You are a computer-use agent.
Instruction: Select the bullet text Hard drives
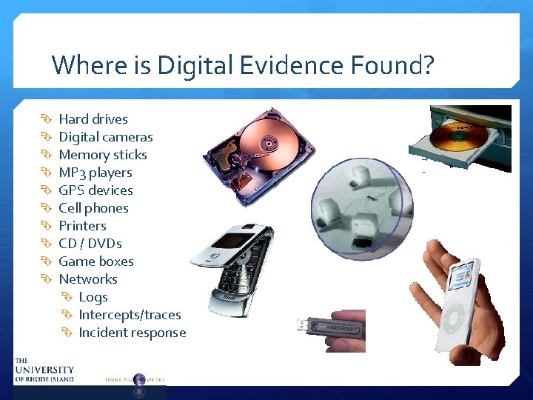[93, 119]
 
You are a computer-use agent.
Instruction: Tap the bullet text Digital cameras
[106, 137]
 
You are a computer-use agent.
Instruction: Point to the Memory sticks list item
[103, 155]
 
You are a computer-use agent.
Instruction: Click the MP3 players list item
[95, 173]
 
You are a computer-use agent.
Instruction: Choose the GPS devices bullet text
[95, 190]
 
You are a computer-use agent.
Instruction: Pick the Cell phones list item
[93, 208]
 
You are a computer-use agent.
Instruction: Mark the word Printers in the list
[82, 226]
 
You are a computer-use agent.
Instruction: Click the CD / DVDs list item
[90, 244]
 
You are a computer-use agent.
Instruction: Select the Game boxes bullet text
[96, 261]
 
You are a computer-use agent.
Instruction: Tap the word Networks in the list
[88, 279]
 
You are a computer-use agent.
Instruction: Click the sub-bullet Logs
[93, 297]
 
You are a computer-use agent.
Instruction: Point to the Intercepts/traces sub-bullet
[130, 315]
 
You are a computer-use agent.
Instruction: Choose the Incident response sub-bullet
[133, 333]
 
